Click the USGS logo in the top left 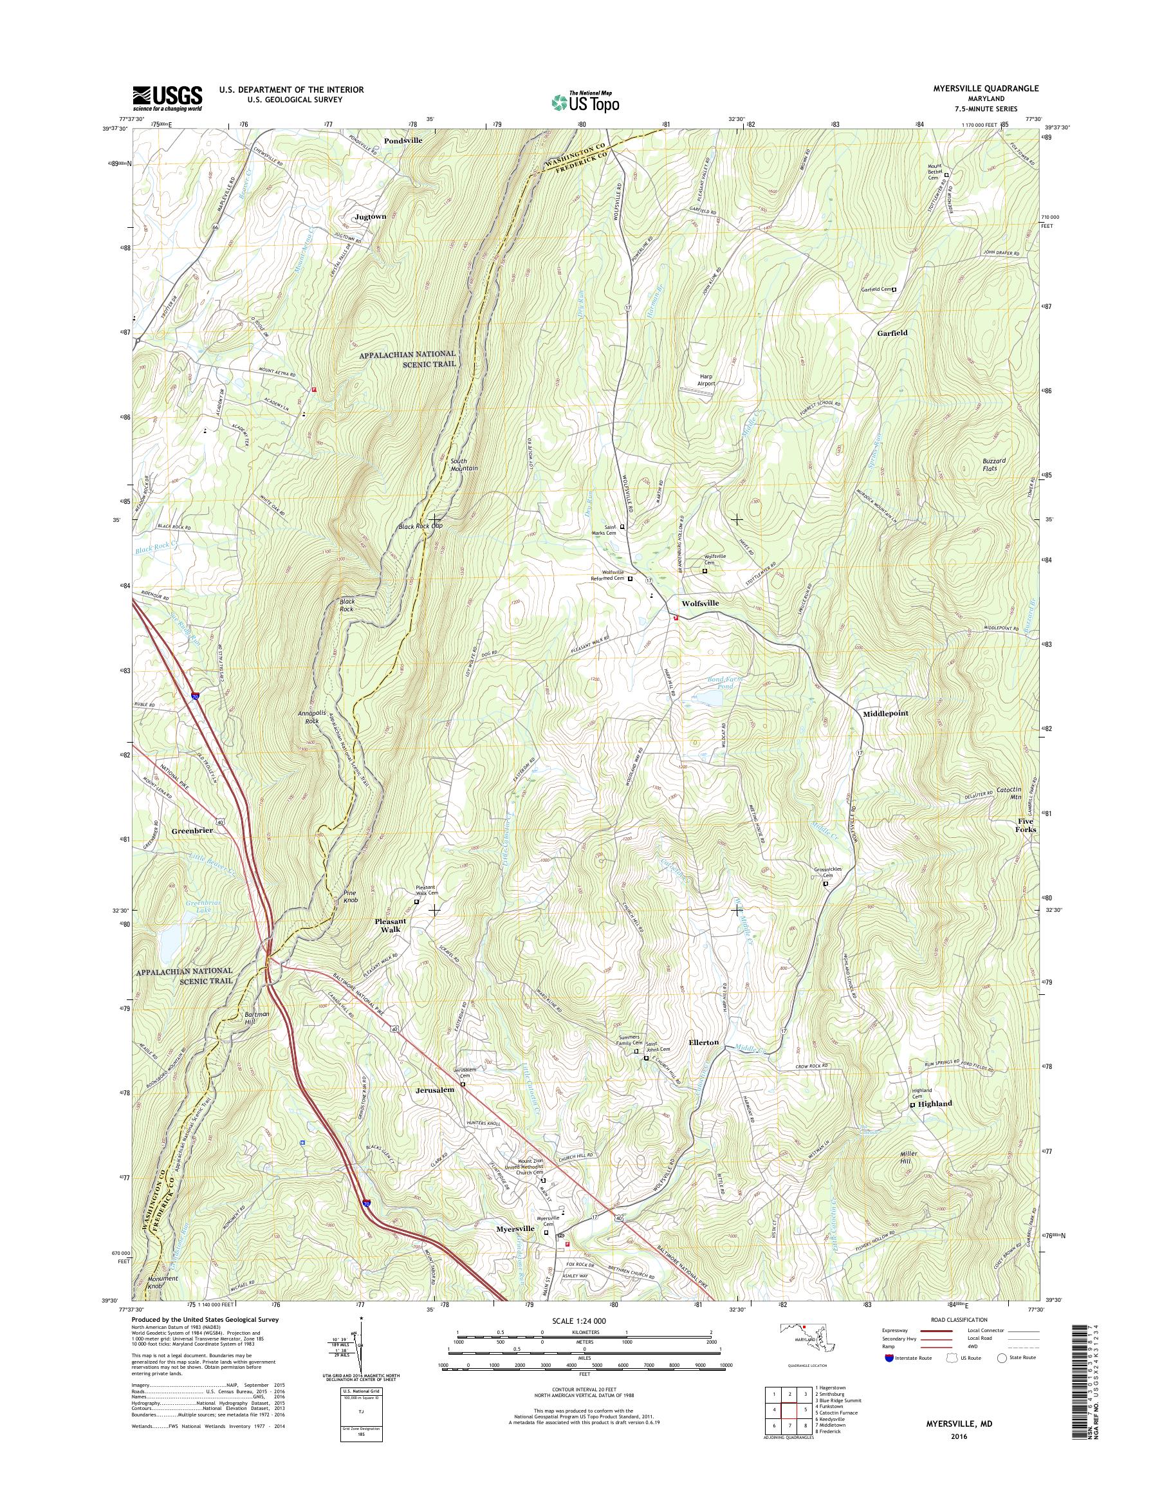coord(167,98)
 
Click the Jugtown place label coord(370,216)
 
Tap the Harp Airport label coord(707,380)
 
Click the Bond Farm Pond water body coord(710,698)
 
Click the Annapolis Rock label coord(312,717)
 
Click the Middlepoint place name coord(885,713)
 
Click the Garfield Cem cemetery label coord(876,290)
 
